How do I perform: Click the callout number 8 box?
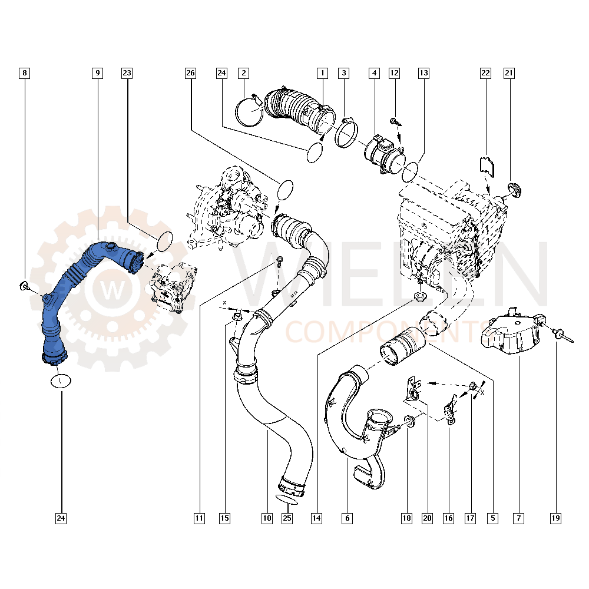pyautogui.click(x=24, y=73)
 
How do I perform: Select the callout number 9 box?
pyautogui.click(x=97, y=73)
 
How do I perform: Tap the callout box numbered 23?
pyautogui.click(x=127, y=73)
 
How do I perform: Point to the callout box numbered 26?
pyautogui.click(x=190, y=73)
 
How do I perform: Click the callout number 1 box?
pyautogui.click(x=322, y=73)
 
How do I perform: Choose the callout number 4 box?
pyautogui.click(x=373, y=73)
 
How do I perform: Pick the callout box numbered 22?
pyautogui.click(x=485, y=73)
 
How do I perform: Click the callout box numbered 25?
pyautogui.click(x=287, y=518)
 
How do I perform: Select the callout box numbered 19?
pyautogui.click(x=555, y=518)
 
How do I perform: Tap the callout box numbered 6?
pyautogui.click(x=347, y=518)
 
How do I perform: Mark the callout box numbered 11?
pyautogui.click(x=199, y=518)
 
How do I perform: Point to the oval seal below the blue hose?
pyautogui.click(x=60, y=380)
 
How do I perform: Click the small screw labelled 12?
pyautogui.click(x=395, y=121)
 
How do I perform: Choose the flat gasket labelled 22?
pyautogui.click(x=487, y=165)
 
